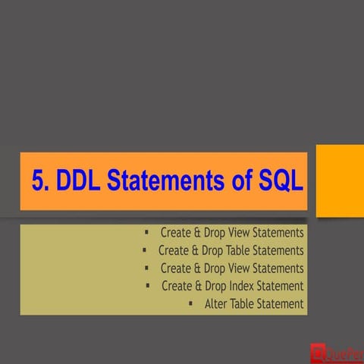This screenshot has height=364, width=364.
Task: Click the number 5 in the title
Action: tap(39, 181)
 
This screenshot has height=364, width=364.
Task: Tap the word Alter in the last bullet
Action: tap(217, 304)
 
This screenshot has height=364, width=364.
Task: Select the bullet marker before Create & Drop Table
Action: tap(144, 249)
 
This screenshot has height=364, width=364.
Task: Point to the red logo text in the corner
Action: tap(346, 352)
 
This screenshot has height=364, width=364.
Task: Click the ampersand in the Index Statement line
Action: tap(198, 286)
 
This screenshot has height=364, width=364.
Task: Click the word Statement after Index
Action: tap(279, 286)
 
